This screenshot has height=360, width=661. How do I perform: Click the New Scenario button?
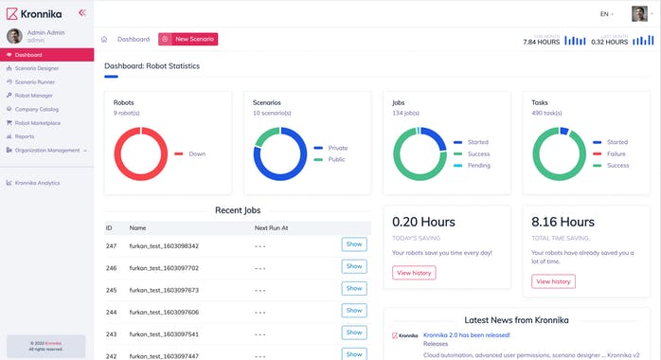(x=188, y=39)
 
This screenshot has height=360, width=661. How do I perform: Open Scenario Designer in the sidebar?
(x=37, y=68)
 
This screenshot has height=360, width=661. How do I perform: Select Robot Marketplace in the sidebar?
(x=37, y=122)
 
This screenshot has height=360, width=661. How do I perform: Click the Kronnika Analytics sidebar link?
(x=37, y=182)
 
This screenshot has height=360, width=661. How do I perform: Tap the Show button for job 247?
(x=353, y=244)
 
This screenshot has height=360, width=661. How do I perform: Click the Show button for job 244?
(x=353, y=311)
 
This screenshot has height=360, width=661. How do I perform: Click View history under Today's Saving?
(x=414, y=273)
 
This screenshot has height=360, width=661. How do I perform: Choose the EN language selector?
(x=607, y=14)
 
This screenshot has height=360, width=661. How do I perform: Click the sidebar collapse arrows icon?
(x=81, y=12)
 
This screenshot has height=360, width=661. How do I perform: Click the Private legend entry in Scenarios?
(x=337, y=148)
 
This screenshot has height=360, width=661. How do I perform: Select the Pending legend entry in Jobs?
(x=477, y=166)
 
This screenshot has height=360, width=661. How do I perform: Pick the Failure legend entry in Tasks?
(x=616, y=153)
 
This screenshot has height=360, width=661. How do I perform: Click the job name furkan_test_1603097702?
(x=164, y=267)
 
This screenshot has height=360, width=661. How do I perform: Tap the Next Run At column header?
(x=272, y=228)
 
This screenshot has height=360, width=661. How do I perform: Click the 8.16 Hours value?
(x=563, y=223)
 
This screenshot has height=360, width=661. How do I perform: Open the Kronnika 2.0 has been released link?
(x=467, y=334)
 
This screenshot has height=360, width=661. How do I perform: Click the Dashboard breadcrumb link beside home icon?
(x=134, y=39)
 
